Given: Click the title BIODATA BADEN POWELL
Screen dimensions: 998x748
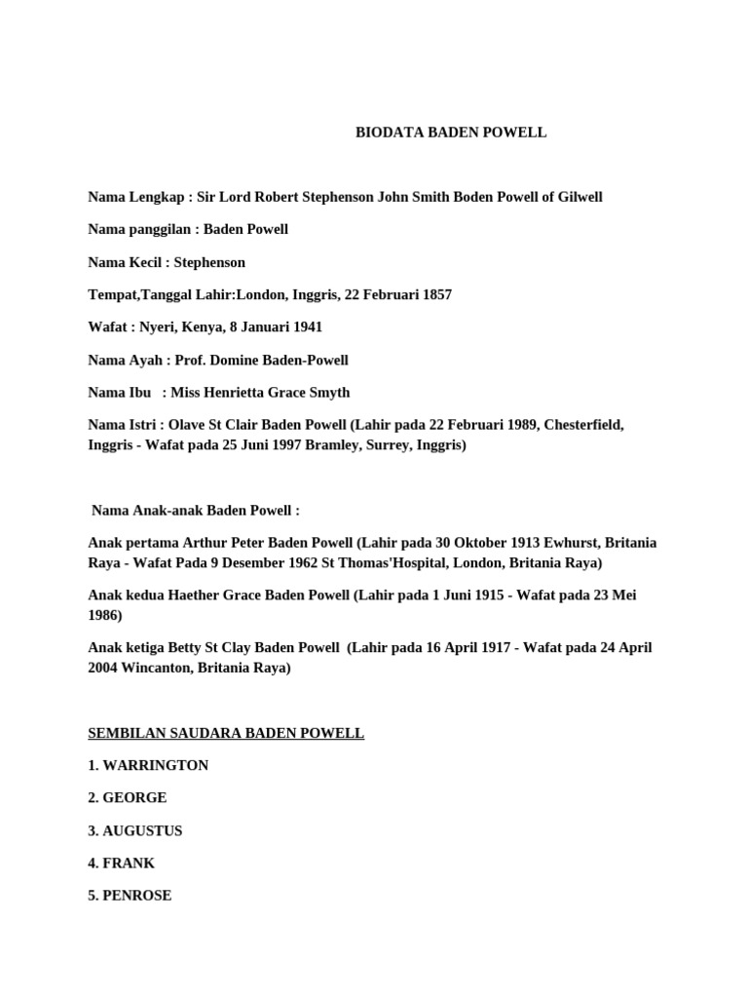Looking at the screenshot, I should click(451, 133).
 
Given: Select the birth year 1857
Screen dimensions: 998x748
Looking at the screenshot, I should click(434, 294).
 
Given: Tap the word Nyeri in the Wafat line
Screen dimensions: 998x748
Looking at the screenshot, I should click(159, 327).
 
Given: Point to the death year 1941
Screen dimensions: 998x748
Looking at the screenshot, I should click(305, 327).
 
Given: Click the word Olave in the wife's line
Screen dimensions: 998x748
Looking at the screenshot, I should click(192, 425).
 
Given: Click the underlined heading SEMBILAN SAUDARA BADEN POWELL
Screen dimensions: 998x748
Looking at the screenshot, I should click(226, 733).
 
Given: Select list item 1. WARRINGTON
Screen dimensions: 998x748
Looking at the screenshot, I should click(148, 765).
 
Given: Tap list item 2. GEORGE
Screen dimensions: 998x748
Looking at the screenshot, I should click(128, 797).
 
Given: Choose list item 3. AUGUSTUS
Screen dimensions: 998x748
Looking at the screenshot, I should click(135, 830).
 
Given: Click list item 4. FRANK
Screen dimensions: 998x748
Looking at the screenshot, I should click(122, 863).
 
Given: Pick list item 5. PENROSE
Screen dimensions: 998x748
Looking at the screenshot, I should click(130, 895).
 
